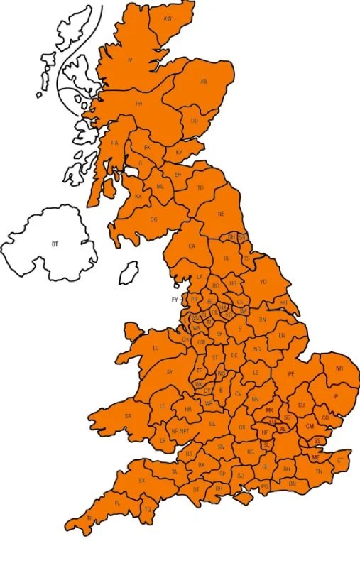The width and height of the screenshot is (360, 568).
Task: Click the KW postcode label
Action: pyautogui.click(x=168, y=18)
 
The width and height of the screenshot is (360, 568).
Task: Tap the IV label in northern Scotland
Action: pyautogui.click(x=130, y=60)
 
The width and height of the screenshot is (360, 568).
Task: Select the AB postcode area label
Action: pyautogui.click(x=203, y=82)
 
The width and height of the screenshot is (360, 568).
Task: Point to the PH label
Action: pyautogui.click(x=139, y=104)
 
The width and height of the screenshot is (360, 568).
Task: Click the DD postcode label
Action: pyautogui.click(x=194, y=121)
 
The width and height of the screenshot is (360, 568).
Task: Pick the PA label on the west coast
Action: pyautogui.click(x=114, y=143)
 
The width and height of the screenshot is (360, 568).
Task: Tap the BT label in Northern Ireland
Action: pyautogui.click(x=54, y=244)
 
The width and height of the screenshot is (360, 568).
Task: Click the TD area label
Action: pyautogui.click(x=200, y=188)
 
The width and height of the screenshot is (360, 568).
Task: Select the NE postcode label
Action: pyautogui.click(x=221, y=214)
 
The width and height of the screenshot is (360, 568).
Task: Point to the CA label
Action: pyautogui.click(x=191, y=246)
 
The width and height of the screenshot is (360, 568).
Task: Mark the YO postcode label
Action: pyautogui.click(x=263, y=282)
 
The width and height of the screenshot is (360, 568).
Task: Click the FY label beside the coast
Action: pyautogui.click(x=175, y=300)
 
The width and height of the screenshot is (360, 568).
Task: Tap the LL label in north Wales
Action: pyautogui.click(x=156, y=349)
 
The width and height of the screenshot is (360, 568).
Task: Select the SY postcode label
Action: pyautogui.click(x=169, y=372)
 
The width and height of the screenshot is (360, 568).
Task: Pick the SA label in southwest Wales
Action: pyautogui.click(x=128, y=416)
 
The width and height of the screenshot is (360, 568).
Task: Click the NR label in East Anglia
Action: pyautogui.click(x=339, y=368)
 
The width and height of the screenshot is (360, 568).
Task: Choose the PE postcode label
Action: pyautogui.click(x=290, y=374)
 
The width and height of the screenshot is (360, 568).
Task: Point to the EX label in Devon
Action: pyautogui.click(x=141, y=481)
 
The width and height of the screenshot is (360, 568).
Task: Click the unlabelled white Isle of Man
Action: pyautogui.click(x=129, y=271)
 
